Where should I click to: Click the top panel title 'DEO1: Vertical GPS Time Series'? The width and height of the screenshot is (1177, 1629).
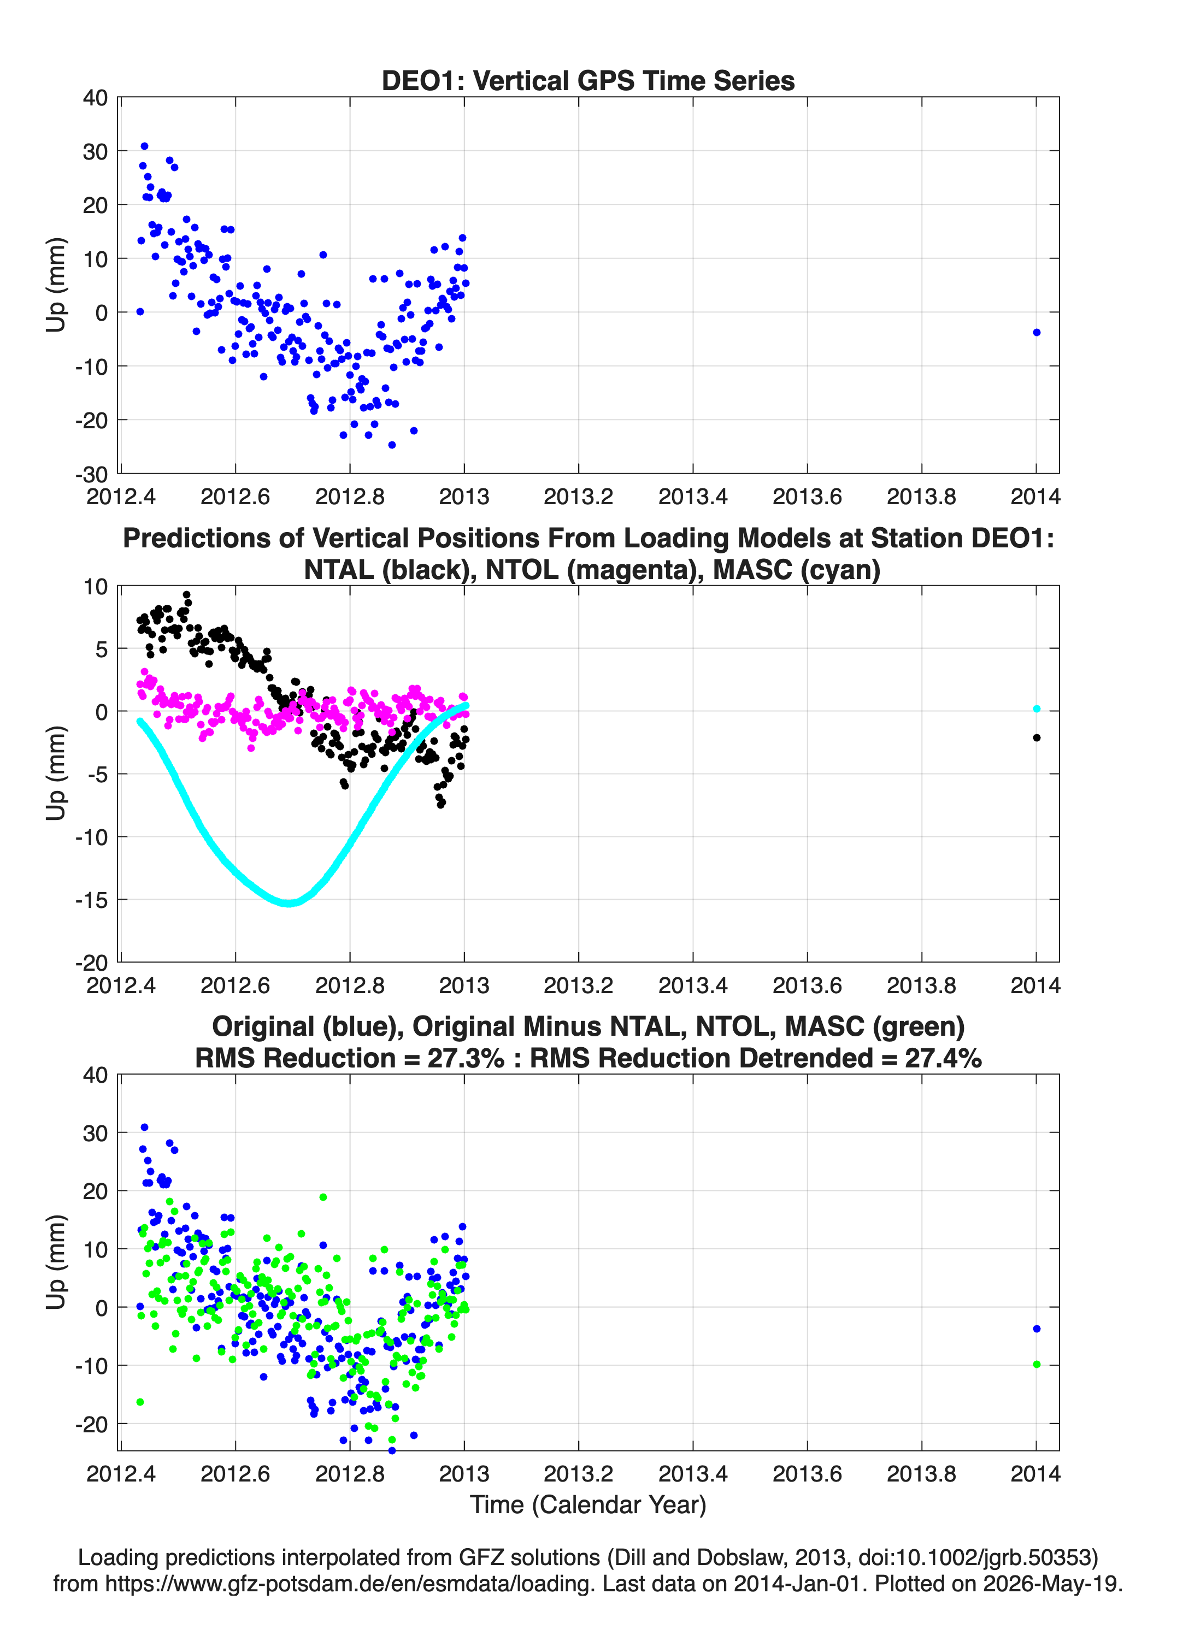click(588, 80)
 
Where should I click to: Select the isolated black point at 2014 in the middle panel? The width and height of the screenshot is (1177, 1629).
click(1036, 737)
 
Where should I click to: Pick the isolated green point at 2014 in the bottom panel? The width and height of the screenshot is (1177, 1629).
click(1036, 1365)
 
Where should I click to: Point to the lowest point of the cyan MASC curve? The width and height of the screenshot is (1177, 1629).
click(289, 903)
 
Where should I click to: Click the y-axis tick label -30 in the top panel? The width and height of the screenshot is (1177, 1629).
click(91, 474)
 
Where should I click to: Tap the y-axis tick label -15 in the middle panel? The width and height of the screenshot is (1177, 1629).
click(91, 900)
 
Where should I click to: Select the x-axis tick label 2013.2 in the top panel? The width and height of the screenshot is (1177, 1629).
click(579, 497)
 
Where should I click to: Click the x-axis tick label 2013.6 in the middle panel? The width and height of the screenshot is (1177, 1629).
click(807, 985)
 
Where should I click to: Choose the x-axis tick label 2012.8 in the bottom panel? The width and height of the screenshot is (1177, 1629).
click(350, 1474)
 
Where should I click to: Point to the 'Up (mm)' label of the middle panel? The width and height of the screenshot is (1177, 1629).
click(56, 774)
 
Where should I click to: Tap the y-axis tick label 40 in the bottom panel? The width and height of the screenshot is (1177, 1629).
click(96, 1075)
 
